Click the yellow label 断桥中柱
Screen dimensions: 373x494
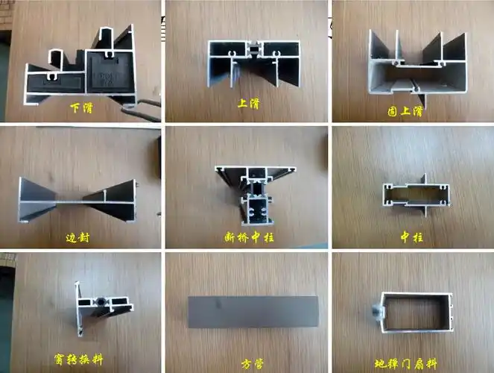tap(245, 238)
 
